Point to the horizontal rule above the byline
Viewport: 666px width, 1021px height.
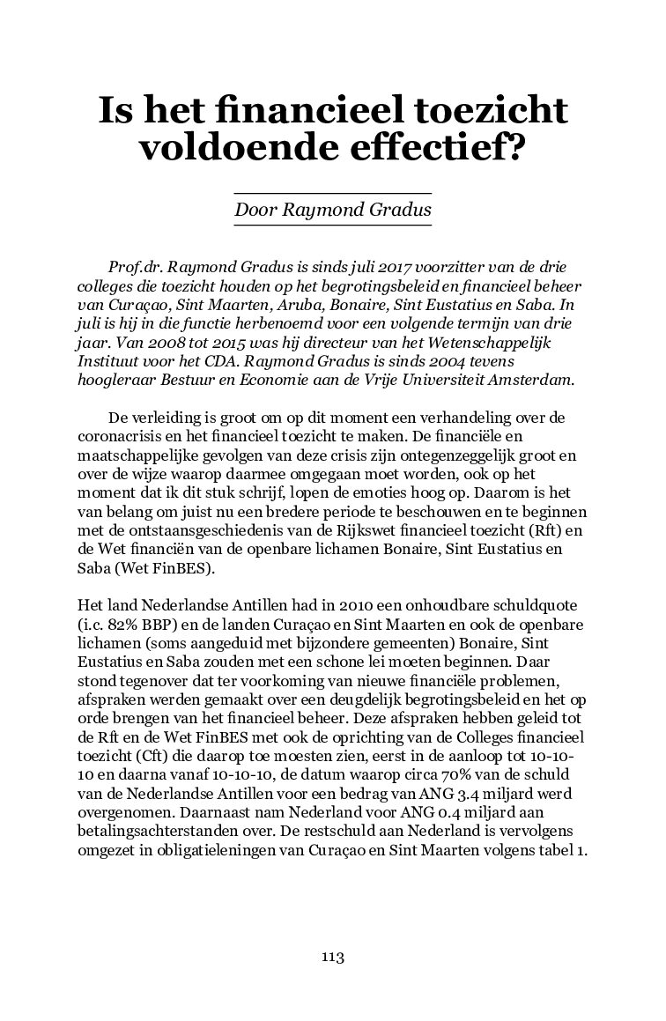tap(332, 193)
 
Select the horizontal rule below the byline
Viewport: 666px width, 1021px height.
tap(332, 226)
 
